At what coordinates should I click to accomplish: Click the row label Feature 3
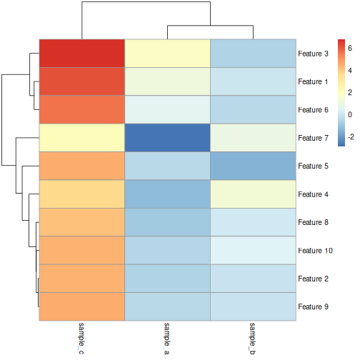313,54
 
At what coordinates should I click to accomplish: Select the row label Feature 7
313,138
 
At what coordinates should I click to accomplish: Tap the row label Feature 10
315,251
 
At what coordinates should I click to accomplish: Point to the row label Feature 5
313,166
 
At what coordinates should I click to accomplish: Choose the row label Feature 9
313,307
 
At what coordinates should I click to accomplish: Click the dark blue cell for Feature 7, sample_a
167,138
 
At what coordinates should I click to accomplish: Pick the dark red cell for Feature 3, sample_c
81,54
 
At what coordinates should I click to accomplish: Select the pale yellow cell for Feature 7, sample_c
81,138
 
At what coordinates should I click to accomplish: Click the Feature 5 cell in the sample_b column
252,166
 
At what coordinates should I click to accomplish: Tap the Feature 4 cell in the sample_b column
252,194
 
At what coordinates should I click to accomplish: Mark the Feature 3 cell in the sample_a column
167,54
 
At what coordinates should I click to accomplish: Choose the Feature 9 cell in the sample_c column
81,307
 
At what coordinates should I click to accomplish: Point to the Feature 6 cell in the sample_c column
81,110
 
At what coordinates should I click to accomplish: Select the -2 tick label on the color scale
351,135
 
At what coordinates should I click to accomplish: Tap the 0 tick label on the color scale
350,114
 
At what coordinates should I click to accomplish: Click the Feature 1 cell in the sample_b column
252,81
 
